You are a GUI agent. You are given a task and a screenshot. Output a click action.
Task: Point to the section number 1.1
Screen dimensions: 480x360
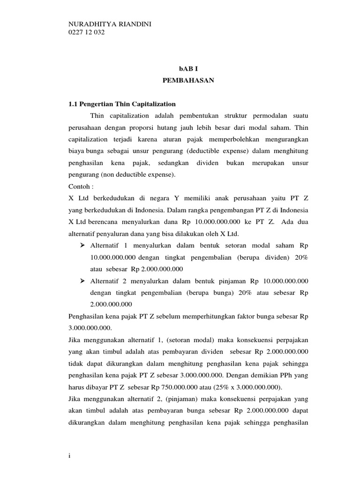pos(73,104)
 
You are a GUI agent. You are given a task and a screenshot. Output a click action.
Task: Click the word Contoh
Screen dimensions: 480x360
pos(78,185)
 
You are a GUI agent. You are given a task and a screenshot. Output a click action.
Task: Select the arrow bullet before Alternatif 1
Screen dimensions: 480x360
pos(82,245)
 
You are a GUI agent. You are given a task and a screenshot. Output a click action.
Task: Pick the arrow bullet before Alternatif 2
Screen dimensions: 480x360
pos(82,281)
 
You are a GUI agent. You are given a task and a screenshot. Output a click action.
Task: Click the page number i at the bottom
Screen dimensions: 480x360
pos(69,458)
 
